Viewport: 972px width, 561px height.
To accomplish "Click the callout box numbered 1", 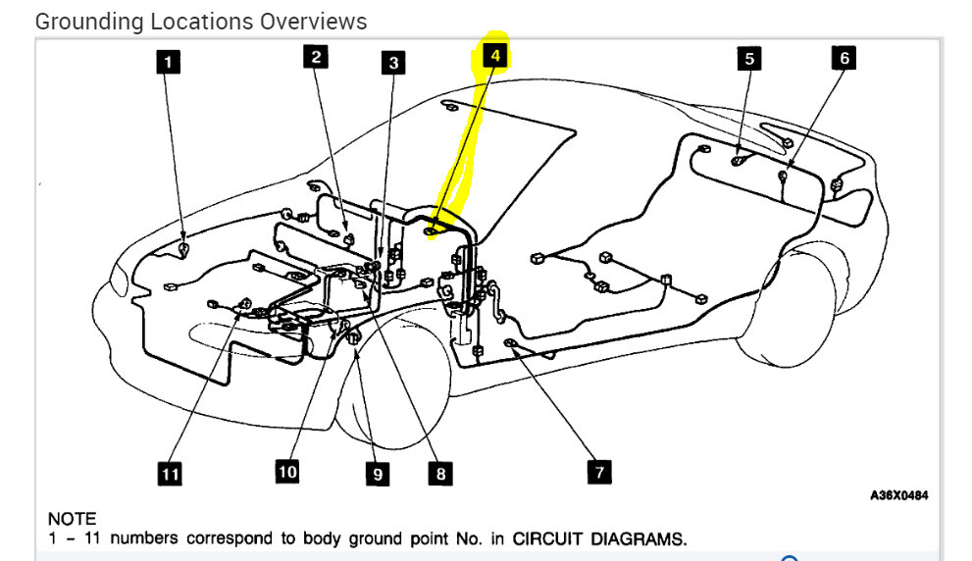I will point(169,63).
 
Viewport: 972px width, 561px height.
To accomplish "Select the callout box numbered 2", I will point(316,57).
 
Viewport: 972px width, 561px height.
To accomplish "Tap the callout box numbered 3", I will point(393,64).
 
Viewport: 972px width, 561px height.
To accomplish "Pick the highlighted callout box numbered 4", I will point(495,56).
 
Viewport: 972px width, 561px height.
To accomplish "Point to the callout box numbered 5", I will point(749,59).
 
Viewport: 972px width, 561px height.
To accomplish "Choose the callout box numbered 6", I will point(843,58).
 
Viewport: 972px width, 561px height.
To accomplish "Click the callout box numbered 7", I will point(597,472).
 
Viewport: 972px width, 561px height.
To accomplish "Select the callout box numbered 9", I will point(377,475).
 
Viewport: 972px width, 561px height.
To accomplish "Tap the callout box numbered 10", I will point(286,472).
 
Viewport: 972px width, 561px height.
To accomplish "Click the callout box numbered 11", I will point(171,475).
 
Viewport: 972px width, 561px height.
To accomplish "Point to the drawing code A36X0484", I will point(898,495).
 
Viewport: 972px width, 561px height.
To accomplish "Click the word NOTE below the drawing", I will point(72,518).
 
